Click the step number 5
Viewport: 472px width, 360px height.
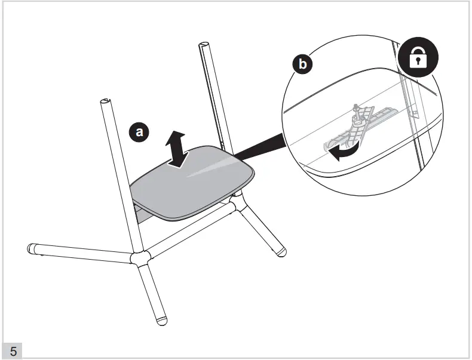13,351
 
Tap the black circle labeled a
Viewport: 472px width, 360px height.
139,132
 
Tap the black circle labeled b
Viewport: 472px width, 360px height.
302,64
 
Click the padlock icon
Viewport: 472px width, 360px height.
418,57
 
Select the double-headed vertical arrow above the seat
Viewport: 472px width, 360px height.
176,149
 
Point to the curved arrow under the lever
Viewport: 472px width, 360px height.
344,152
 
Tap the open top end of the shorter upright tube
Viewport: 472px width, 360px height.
106,101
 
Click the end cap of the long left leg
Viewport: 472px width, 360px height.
31,249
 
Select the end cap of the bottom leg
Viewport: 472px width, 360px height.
162,321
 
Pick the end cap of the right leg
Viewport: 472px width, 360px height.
281,252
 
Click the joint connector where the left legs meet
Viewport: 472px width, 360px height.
140,259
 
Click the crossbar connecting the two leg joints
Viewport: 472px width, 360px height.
190,229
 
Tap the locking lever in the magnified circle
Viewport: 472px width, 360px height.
360,127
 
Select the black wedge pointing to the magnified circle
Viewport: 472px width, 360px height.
260,147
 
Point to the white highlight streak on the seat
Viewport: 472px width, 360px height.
211,168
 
